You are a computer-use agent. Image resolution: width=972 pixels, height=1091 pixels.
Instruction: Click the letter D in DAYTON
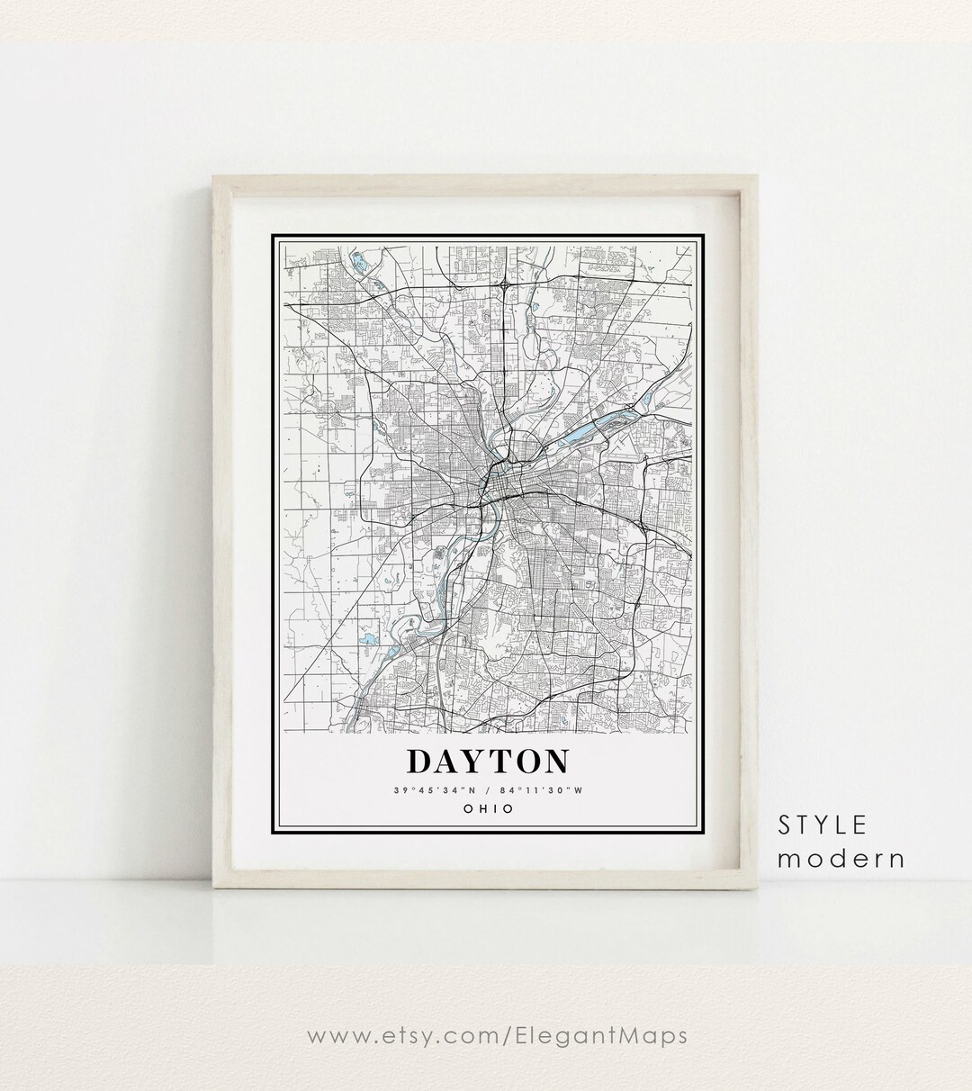click(x=420, y=761)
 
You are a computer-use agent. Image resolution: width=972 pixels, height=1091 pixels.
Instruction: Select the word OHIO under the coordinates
click(x=489, y=808)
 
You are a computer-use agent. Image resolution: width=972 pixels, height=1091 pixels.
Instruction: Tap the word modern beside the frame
click(x=841, y=858)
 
